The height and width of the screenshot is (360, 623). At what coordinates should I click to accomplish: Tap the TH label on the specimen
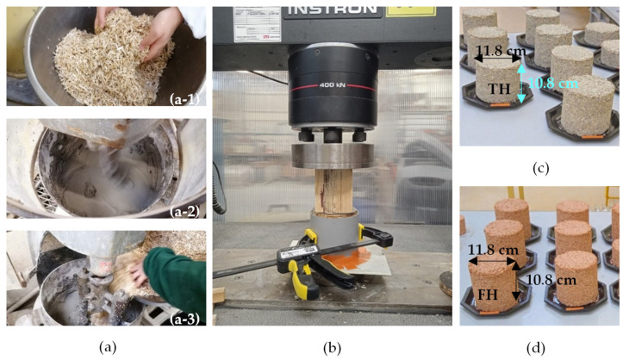click(498, 88)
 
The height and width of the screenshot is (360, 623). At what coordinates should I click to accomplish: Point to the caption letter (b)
click(330, 347)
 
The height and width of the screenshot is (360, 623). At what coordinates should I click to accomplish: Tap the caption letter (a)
click(107, 347)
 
